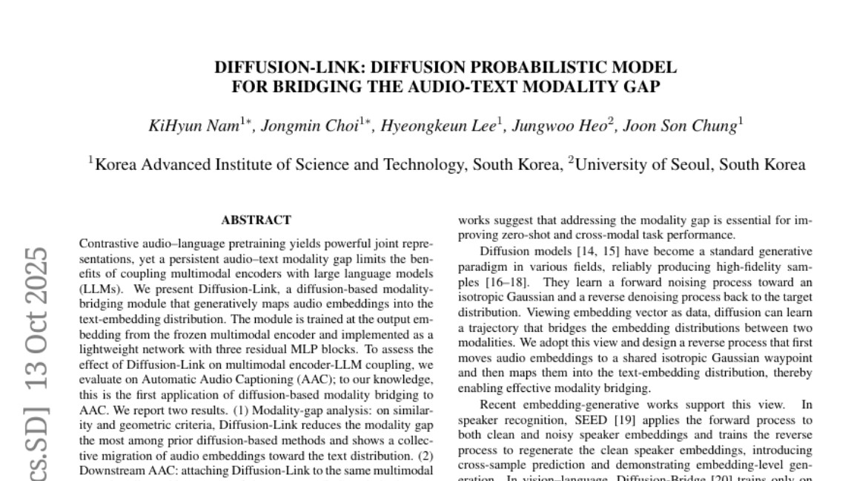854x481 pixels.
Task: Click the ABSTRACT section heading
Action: (256, 220)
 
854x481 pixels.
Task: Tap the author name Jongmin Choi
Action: (309, 125)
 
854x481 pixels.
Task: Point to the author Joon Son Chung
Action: (680, 125)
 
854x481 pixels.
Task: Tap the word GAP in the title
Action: (642, 86)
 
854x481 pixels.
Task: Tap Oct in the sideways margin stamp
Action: (35, 344)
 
